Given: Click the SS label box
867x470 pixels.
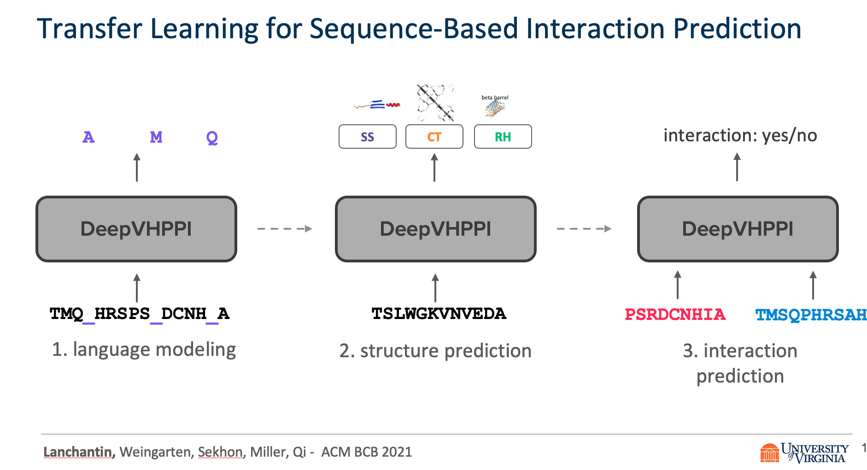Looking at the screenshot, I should tap(367, 137).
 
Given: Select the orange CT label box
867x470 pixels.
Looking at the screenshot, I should tap(434, 137).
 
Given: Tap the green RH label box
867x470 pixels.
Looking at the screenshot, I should tap(503, 137).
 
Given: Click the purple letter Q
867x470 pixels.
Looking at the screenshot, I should tap(212, 137).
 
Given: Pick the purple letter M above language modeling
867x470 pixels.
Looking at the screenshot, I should tap(156, 137).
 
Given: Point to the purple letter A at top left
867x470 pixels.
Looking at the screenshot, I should tap(88, 137).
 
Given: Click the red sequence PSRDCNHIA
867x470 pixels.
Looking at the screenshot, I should tap(675, 314).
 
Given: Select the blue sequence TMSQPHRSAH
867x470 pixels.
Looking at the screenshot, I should tap(811, 315).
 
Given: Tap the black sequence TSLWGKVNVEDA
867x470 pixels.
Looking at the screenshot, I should tap(439, 313).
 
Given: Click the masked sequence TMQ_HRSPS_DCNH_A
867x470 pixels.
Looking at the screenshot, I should tap(139, 314).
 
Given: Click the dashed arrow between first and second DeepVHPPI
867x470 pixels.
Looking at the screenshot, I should tap(284, 229).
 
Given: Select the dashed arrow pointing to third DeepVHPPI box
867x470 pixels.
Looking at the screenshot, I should tap(584, 229).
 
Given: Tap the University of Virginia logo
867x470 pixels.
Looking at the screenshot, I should tap(804, 452).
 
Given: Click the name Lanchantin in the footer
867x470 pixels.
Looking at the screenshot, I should tap(79, 452).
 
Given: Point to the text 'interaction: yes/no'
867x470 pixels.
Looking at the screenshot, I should tap(740, 135).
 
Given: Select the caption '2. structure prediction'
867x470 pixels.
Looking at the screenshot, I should tap(435, 351).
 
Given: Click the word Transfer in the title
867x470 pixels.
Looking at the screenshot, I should tap(90, 29).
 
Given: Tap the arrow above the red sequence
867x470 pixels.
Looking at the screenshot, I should tap(677, 284).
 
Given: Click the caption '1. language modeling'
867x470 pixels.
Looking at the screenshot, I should tap(144, 349).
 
